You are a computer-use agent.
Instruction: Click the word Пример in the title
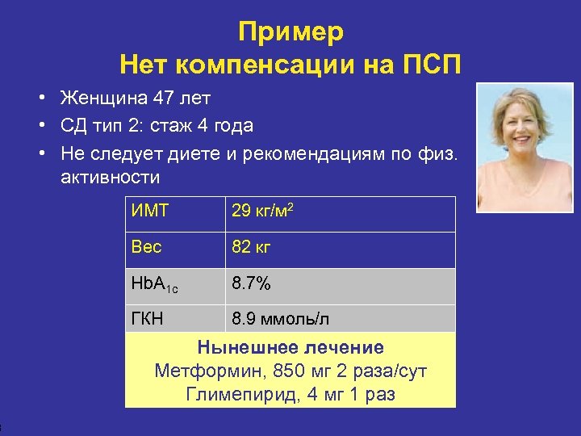tap(290, 31)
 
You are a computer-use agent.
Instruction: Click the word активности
tap(111, 177)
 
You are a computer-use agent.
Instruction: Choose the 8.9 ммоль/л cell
tap(280, 319)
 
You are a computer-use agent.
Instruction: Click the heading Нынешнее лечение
tap(290, 348)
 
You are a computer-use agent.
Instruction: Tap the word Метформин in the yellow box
tap(204, 371)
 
